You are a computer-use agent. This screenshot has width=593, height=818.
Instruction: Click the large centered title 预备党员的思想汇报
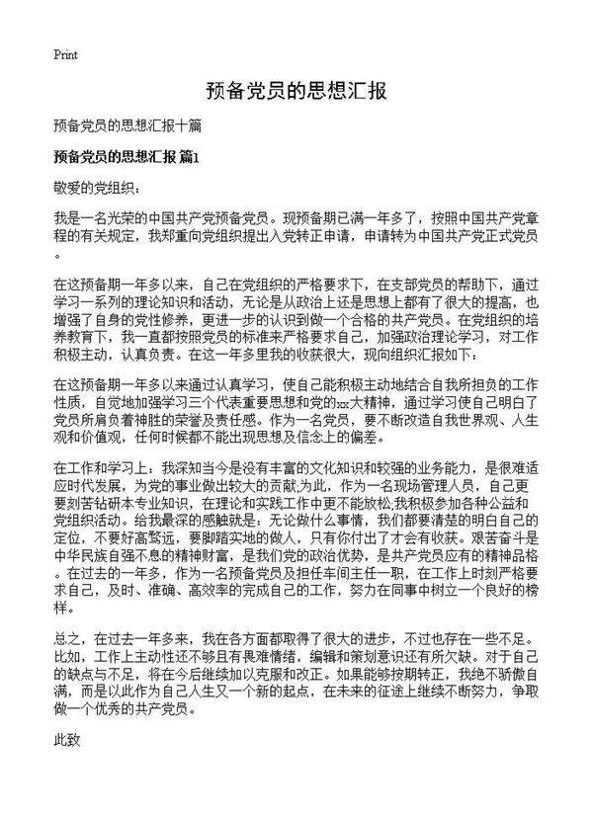296,92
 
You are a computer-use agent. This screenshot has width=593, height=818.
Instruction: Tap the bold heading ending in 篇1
127,157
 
